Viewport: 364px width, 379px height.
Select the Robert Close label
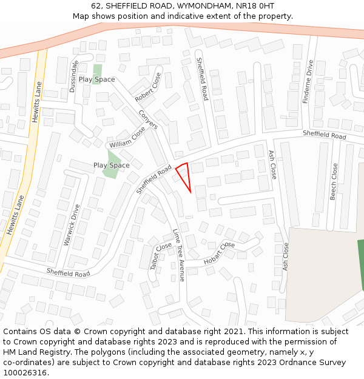tap(148, 87)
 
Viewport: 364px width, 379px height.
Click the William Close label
tap(127, 138)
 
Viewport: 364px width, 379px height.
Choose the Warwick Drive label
tap(72, 224)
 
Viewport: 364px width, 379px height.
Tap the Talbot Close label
tap(161, 256)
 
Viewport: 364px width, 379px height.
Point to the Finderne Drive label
tap(308, 81)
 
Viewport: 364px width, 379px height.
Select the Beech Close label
tap(334, 181)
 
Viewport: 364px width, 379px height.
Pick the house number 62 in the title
tap(96, 5)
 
